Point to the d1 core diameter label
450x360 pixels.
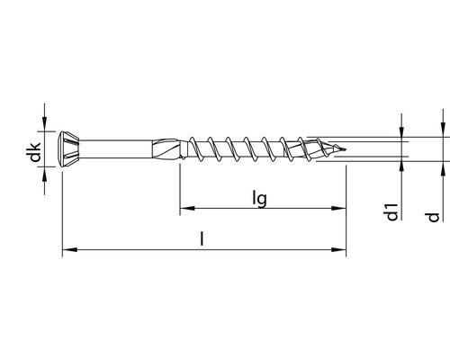[x=391, y=212]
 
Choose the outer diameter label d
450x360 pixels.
[x=434, y=216]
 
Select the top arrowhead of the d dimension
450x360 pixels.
[x=442, y=129]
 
